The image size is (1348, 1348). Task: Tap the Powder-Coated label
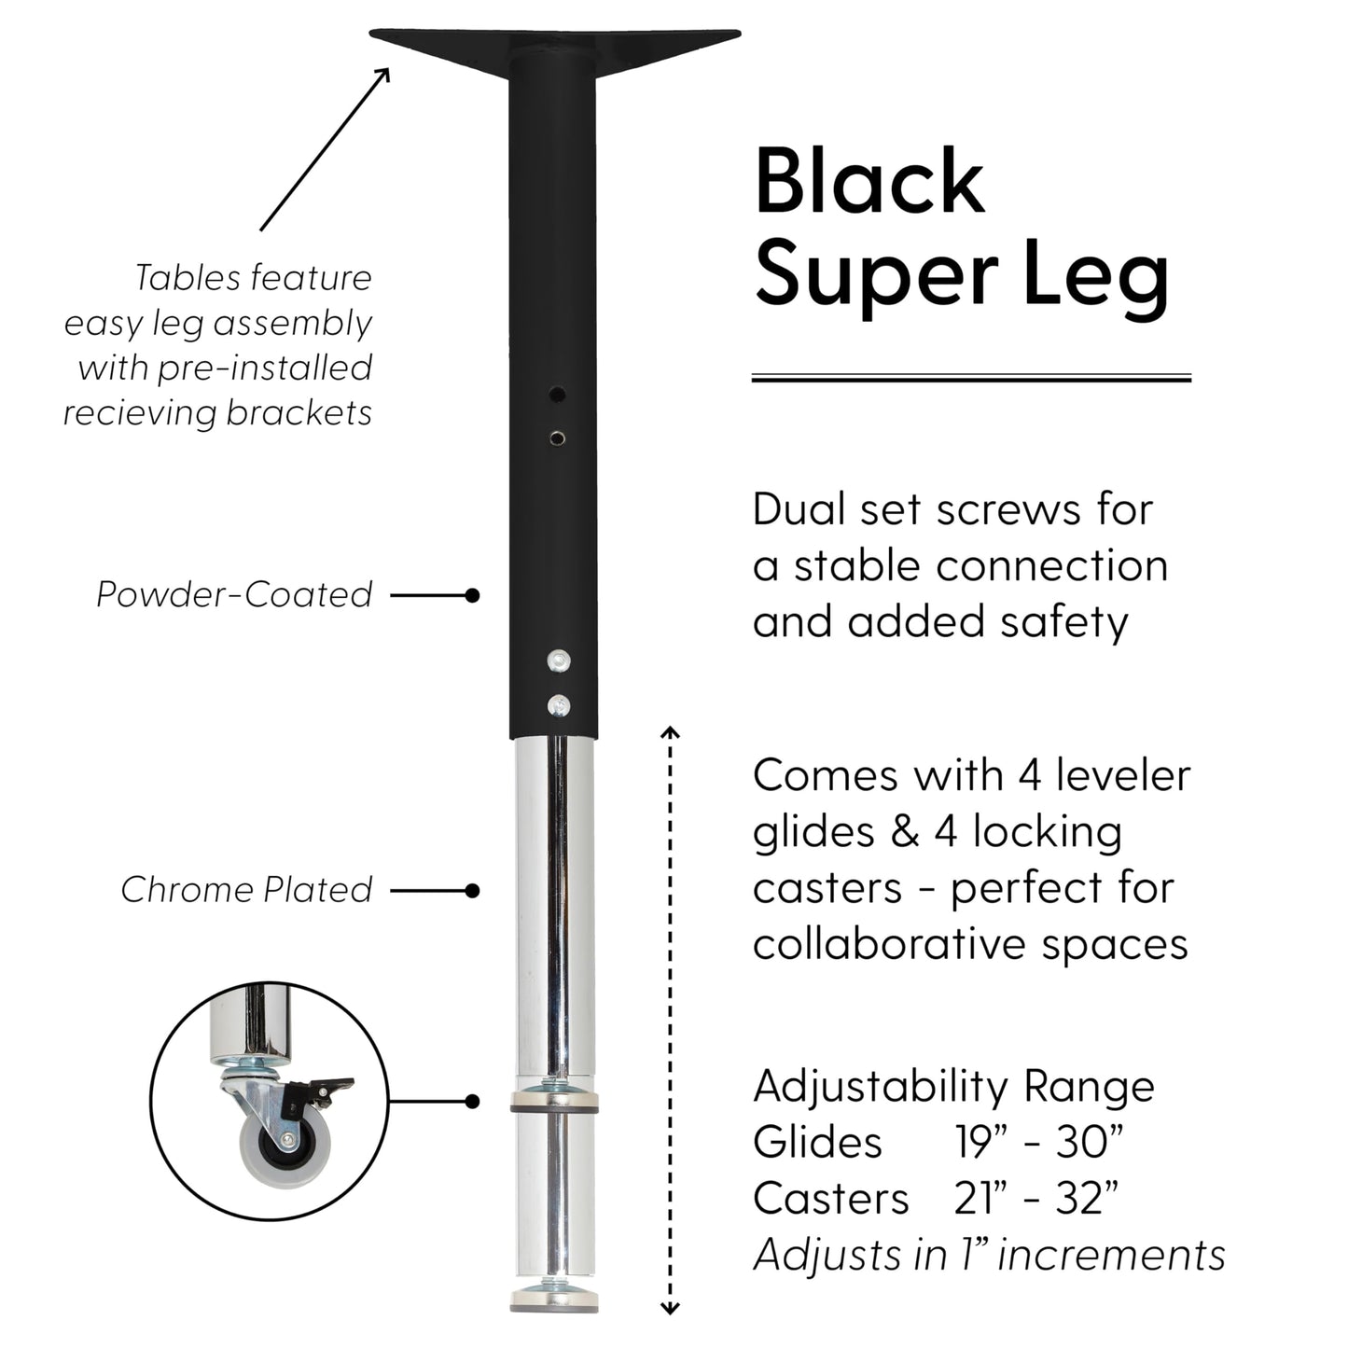[233, 594]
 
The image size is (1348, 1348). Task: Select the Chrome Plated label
[246, 890]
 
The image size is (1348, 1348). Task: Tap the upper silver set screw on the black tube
[558, 660]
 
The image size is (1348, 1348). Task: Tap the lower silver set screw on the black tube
[558, 706]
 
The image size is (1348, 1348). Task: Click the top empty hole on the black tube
[557, 394]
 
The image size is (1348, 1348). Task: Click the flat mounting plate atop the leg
[555, 45]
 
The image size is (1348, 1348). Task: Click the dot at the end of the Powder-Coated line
[472, 595]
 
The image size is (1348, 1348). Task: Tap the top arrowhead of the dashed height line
[670, 732]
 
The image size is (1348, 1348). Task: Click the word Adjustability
[881, 1088]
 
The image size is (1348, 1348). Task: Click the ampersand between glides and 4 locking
[904, 832]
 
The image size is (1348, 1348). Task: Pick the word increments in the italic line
[1112, 1255]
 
